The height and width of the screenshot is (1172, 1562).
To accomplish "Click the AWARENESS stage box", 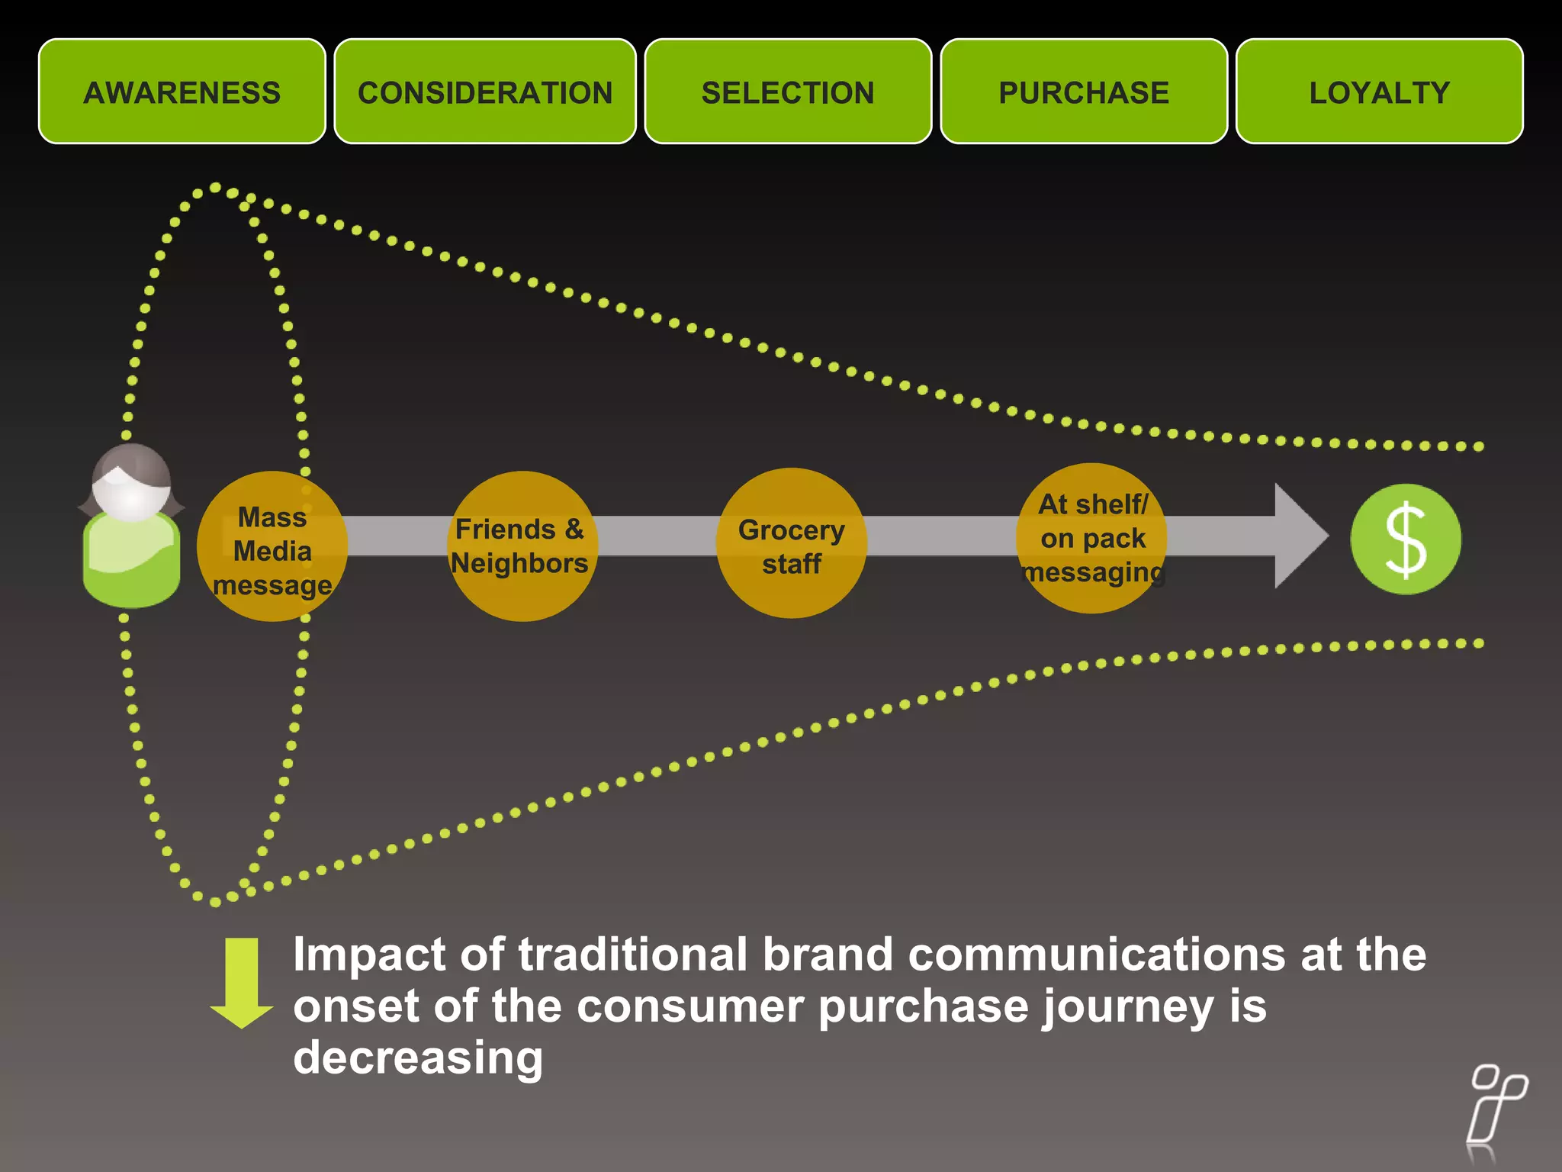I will coord(182,92).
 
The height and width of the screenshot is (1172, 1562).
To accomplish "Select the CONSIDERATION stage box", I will coord(485,92).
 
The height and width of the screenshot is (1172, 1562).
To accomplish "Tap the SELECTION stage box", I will coord(788,92).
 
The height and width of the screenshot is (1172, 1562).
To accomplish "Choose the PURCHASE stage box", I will coord(1084,92).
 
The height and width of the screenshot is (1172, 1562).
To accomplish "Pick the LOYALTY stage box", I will coord(1379,92).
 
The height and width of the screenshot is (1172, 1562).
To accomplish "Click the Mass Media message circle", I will coord(272,546).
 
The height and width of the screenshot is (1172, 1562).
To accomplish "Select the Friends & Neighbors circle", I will coord(522,546).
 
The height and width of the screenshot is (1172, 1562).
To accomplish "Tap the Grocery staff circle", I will coord(791,543).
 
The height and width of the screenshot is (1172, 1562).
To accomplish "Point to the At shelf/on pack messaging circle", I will coord(1091,538).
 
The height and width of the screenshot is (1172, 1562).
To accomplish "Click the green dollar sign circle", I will coord(1405,539).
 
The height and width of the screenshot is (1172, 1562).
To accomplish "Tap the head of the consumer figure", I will coord(131,485).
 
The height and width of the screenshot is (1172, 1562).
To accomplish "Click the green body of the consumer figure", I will coord(131,561).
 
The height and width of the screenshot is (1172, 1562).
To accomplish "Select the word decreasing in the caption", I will coord(418,1058).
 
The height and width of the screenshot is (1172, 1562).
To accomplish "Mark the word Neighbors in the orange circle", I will coord(519,563).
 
